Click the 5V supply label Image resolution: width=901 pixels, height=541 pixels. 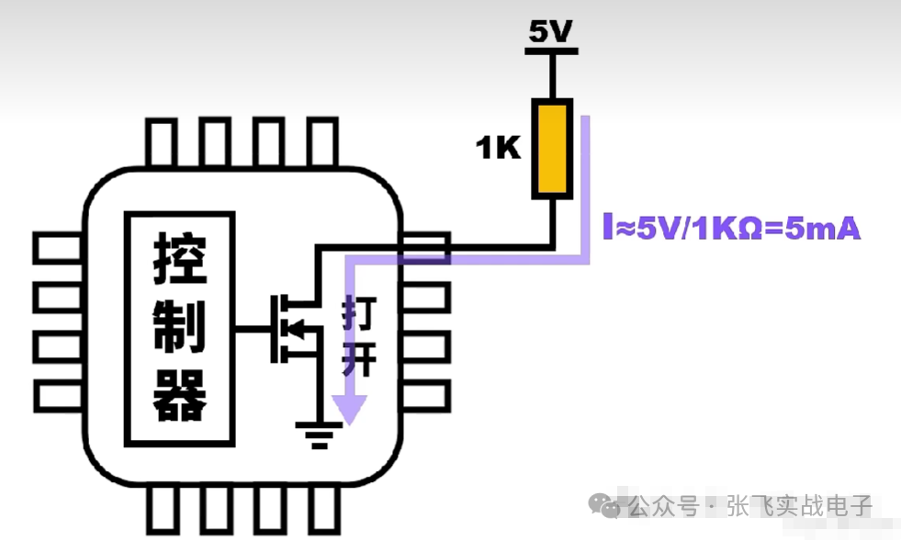tap(551, 31)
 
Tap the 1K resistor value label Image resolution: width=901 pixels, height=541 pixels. tap(499, 147)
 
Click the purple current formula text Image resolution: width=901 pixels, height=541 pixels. tap(732, 228)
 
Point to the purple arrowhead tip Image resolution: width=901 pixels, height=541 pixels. tap(349, 421)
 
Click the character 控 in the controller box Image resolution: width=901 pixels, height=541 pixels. tap(180, 257)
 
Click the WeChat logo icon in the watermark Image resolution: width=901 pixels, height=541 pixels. tap(606, 505)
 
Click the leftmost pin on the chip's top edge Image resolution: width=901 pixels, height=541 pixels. tap(162, 142)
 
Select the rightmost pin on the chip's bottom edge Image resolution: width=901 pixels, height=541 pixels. tap(323, 510)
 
